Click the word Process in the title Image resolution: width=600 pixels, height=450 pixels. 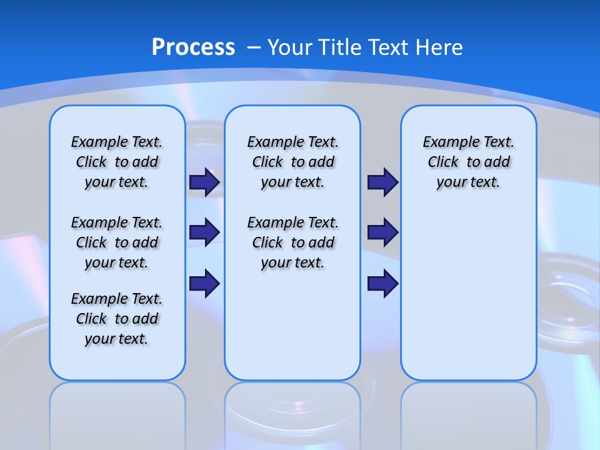[193, 47]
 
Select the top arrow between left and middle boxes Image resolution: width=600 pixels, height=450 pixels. [204, 182]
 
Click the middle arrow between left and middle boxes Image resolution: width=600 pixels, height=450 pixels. [204, 232]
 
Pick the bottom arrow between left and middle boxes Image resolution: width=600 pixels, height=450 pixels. [204, 283]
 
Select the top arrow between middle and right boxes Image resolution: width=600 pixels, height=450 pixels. [382, 182]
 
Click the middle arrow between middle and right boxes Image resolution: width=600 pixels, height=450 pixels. [382, 232]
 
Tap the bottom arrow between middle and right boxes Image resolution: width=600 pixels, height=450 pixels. [382, 283]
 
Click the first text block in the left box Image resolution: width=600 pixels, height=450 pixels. [117, 162]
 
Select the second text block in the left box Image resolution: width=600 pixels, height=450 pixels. [117, 242]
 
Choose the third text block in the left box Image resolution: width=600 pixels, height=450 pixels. [117, 319]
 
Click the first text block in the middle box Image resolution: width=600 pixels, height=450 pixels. [292, 162]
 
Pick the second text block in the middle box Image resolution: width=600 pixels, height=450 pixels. [292, 242]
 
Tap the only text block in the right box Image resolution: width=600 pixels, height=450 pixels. [468, 162]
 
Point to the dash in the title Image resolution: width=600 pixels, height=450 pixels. [254, 47]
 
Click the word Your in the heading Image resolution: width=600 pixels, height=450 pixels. [291, 47]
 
